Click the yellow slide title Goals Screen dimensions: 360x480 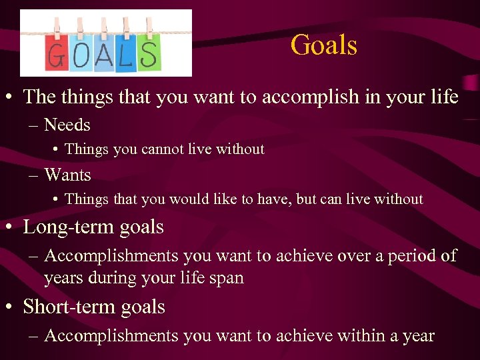[324, 46]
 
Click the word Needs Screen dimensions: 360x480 [67, 125]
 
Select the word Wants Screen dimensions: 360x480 [67, 175]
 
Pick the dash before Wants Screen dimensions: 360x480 [33, 176]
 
